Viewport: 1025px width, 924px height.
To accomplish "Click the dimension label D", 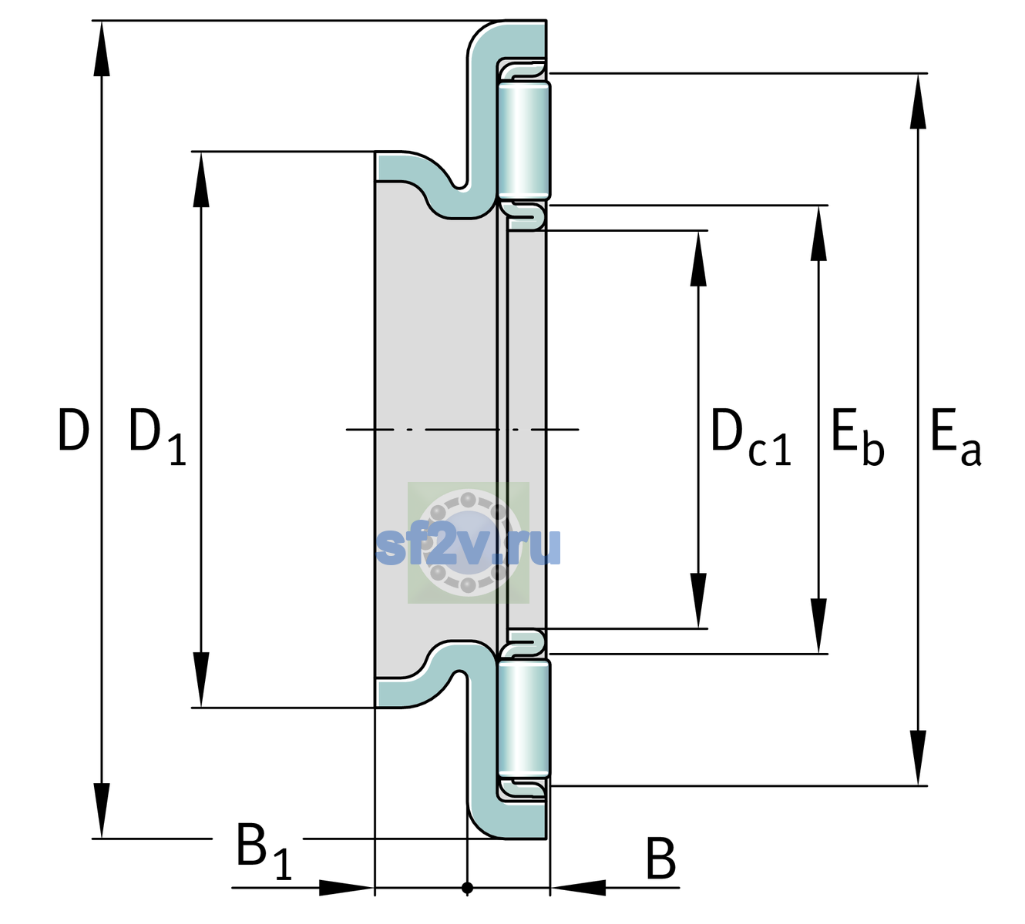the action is tap(74, 430).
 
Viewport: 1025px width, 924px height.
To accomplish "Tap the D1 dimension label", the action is tap(158, 436).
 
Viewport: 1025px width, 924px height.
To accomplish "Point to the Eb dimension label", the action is tap(858, 437).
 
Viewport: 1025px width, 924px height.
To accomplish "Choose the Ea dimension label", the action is tap(956, 437).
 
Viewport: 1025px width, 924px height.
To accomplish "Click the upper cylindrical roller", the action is tap(524, 139).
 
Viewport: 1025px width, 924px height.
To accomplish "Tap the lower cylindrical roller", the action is tap(524, 719).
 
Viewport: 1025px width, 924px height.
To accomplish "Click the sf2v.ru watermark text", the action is tap(468, 547).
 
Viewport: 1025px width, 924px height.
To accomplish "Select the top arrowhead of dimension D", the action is tap(102, 49).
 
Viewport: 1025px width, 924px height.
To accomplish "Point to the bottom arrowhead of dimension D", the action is tap(102, 810).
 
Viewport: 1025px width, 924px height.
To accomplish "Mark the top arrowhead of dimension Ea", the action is tap(918, 101).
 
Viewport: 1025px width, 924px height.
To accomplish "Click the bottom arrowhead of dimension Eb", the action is tap(818, 626).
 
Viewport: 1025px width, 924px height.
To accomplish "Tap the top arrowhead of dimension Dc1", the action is tap(698, 258).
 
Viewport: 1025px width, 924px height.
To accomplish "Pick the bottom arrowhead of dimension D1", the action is tap(201, 680).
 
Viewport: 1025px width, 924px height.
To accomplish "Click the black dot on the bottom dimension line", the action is tap(467, 888).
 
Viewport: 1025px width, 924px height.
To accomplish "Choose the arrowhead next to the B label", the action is tap(578, 888).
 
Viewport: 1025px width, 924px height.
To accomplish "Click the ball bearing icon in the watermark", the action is tap(468, 543).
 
